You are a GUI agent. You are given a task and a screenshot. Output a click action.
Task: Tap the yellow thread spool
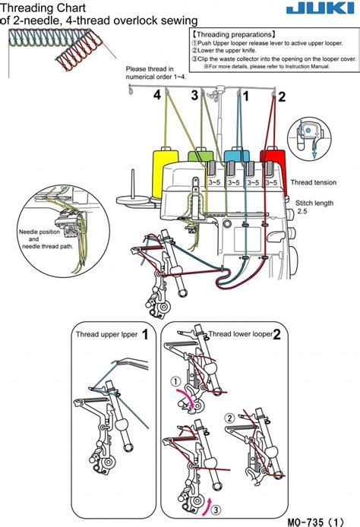coord(162,172)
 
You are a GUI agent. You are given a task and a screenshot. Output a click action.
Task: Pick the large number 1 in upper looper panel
coord(144,334)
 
